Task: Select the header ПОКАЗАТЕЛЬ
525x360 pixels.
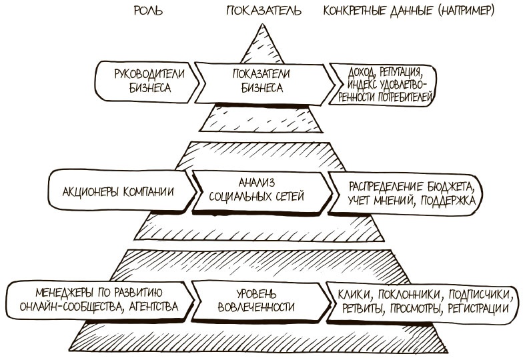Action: [264, 11]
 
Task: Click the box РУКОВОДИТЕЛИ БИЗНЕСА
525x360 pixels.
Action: [148, 80]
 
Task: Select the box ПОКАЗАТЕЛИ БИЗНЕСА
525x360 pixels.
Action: [264, 80]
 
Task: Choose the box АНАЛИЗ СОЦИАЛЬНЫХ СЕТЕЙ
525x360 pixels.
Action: [256, 190]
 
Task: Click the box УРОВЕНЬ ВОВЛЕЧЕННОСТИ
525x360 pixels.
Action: [257, 301]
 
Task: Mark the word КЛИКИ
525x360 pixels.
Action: [354, 294]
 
